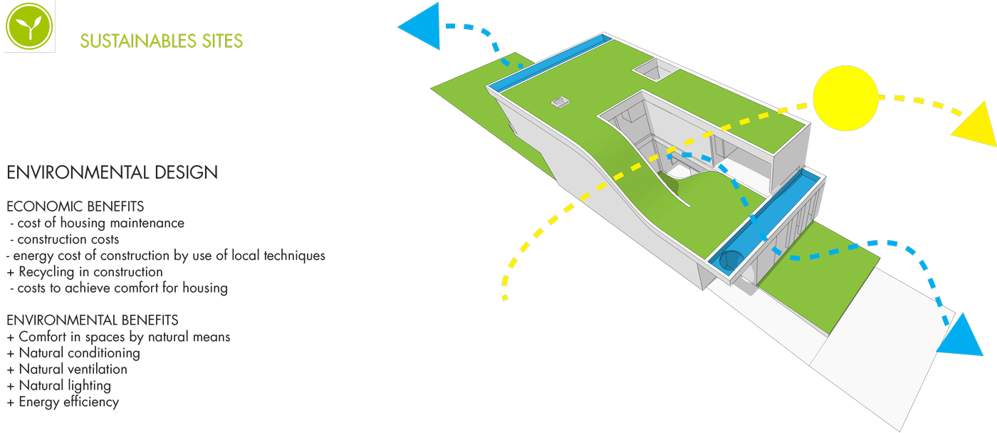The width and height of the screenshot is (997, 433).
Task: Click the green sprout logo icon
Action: coord(29,27)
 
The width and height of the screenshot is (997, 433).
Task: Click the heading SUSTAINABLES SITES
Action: coord(162,41)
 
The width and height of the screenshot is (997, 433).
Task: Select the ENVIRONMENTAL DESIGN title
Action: coord(112,172)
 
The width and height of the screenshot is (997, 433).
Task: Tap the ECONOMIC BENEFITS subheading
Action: coord(75,207)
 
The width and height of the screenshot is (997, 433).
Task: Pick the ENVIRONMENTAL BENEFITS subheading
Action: coord(93,320)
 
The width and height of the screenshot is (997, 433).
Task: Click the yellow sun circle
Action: coord(846,98)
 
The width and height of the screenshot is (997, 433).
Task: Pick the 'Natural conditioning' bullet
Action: coord(79,353)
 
